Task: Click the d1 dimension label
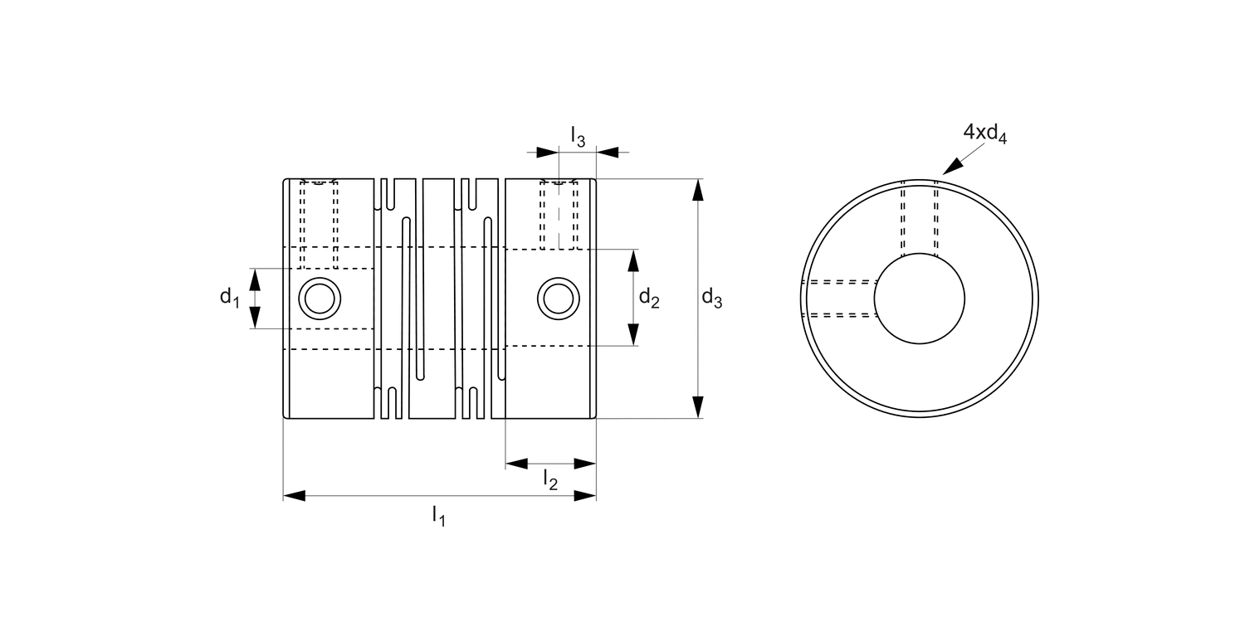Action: tap(229, 298)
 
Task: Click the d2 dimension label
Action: tap(648, 298)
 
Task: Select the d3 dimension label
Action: tap(711, 298)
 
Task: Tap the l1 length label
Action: tap(438, 516)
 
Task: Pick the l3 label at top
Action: tap(578, 136)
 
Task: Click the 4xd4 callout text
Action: tap(984, 133)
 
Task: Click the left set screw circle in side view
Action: tap(320, 299)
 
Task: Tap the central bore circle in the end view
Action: tap(920, 299)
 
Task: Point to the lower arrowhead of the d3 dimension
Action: tap(698, 407)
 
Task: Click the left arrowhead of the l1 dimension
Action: tap(295, 496)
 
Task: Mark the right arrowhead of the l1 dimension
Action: tap(585, 496)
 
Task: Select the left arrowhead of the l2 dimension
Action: tap(517, 463)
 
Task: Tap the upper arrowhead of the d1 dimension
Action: tap(256, 279)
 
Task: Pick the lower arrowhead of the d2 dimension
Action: tap(633, 334)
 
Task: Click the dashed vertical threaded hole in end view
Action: tap(920, 217)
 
